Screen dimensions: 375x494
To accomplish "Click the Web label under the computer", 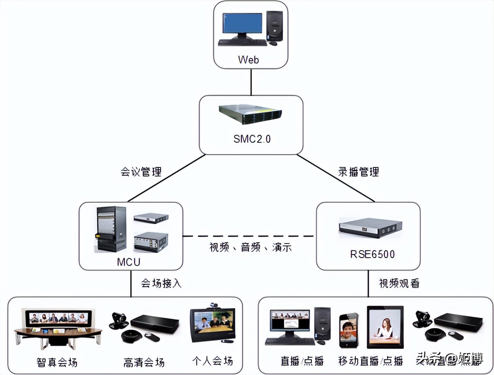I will (248, 60).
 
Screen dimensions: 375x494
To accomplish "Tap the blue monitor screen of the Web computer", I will (242, 24).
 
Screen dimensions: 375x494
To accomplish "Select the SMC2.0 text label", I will (252, 139).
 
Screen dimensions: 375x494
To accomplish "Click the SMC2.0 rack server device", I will (250, 115).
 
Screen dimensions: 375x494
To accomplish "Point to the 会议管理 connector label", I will (141, 172).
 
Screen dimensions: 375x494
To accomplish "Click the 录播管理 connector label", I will (359, 172).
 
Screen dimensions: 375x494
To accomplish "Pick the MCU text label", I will (128, 262).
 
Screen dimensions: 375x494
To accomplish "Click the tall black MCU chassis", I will (111, 229).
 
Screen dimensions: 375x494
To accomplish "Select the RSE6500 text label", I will (372, 254).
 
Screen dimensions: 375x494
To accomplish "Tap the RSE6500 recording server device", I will (370, 228).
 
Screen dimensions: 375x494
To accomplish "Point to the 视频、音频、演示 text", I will (251, 248).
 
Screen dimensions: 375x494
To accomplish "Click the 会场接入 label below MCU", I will (161, 283).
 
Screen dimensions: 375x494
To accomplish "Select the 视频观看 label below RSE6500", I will (399, 283).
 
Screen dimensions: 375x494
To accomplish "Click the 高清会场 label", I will (144, 362).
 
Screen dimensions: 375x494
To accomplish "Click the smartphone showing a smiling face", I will (349, 330).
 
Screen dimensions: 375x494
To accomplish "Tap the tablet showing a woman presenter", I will (385, 327).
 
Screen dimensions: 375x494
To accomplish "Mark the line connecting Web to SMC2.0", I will (251, 82).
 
